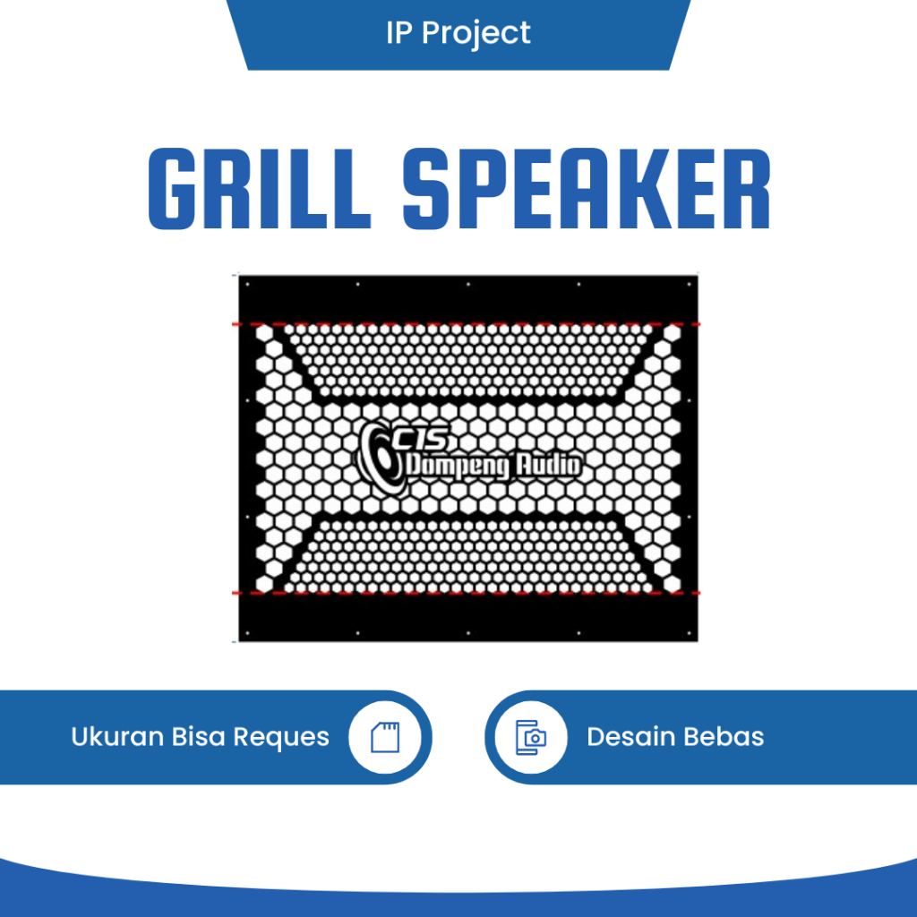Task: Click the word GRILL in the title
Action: tap(259, 189)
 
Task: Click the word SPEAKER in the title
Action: tap(586, 189)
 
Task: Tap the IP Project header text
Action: tap(458, 33)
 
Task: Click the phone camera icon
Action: tap(530, 737)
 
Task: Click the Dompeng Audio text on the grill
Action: tap(493, 466)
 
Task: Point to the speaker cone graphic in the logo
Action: tap(381, 461)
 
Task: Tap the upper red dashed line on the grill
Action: tap(466, 323)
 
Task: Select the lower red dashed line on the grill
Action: tap(466, 593)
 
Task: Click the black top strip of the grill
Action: tap(466, 300)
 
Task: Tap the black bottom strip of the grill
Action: tap(466, 618)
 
